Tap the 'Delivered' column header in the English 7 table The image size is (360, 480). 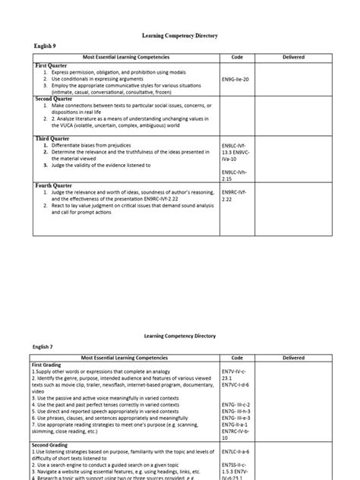(x=293, y=357)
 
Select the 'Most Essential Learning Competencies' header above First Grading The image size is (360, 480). (x=125, y=357)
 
